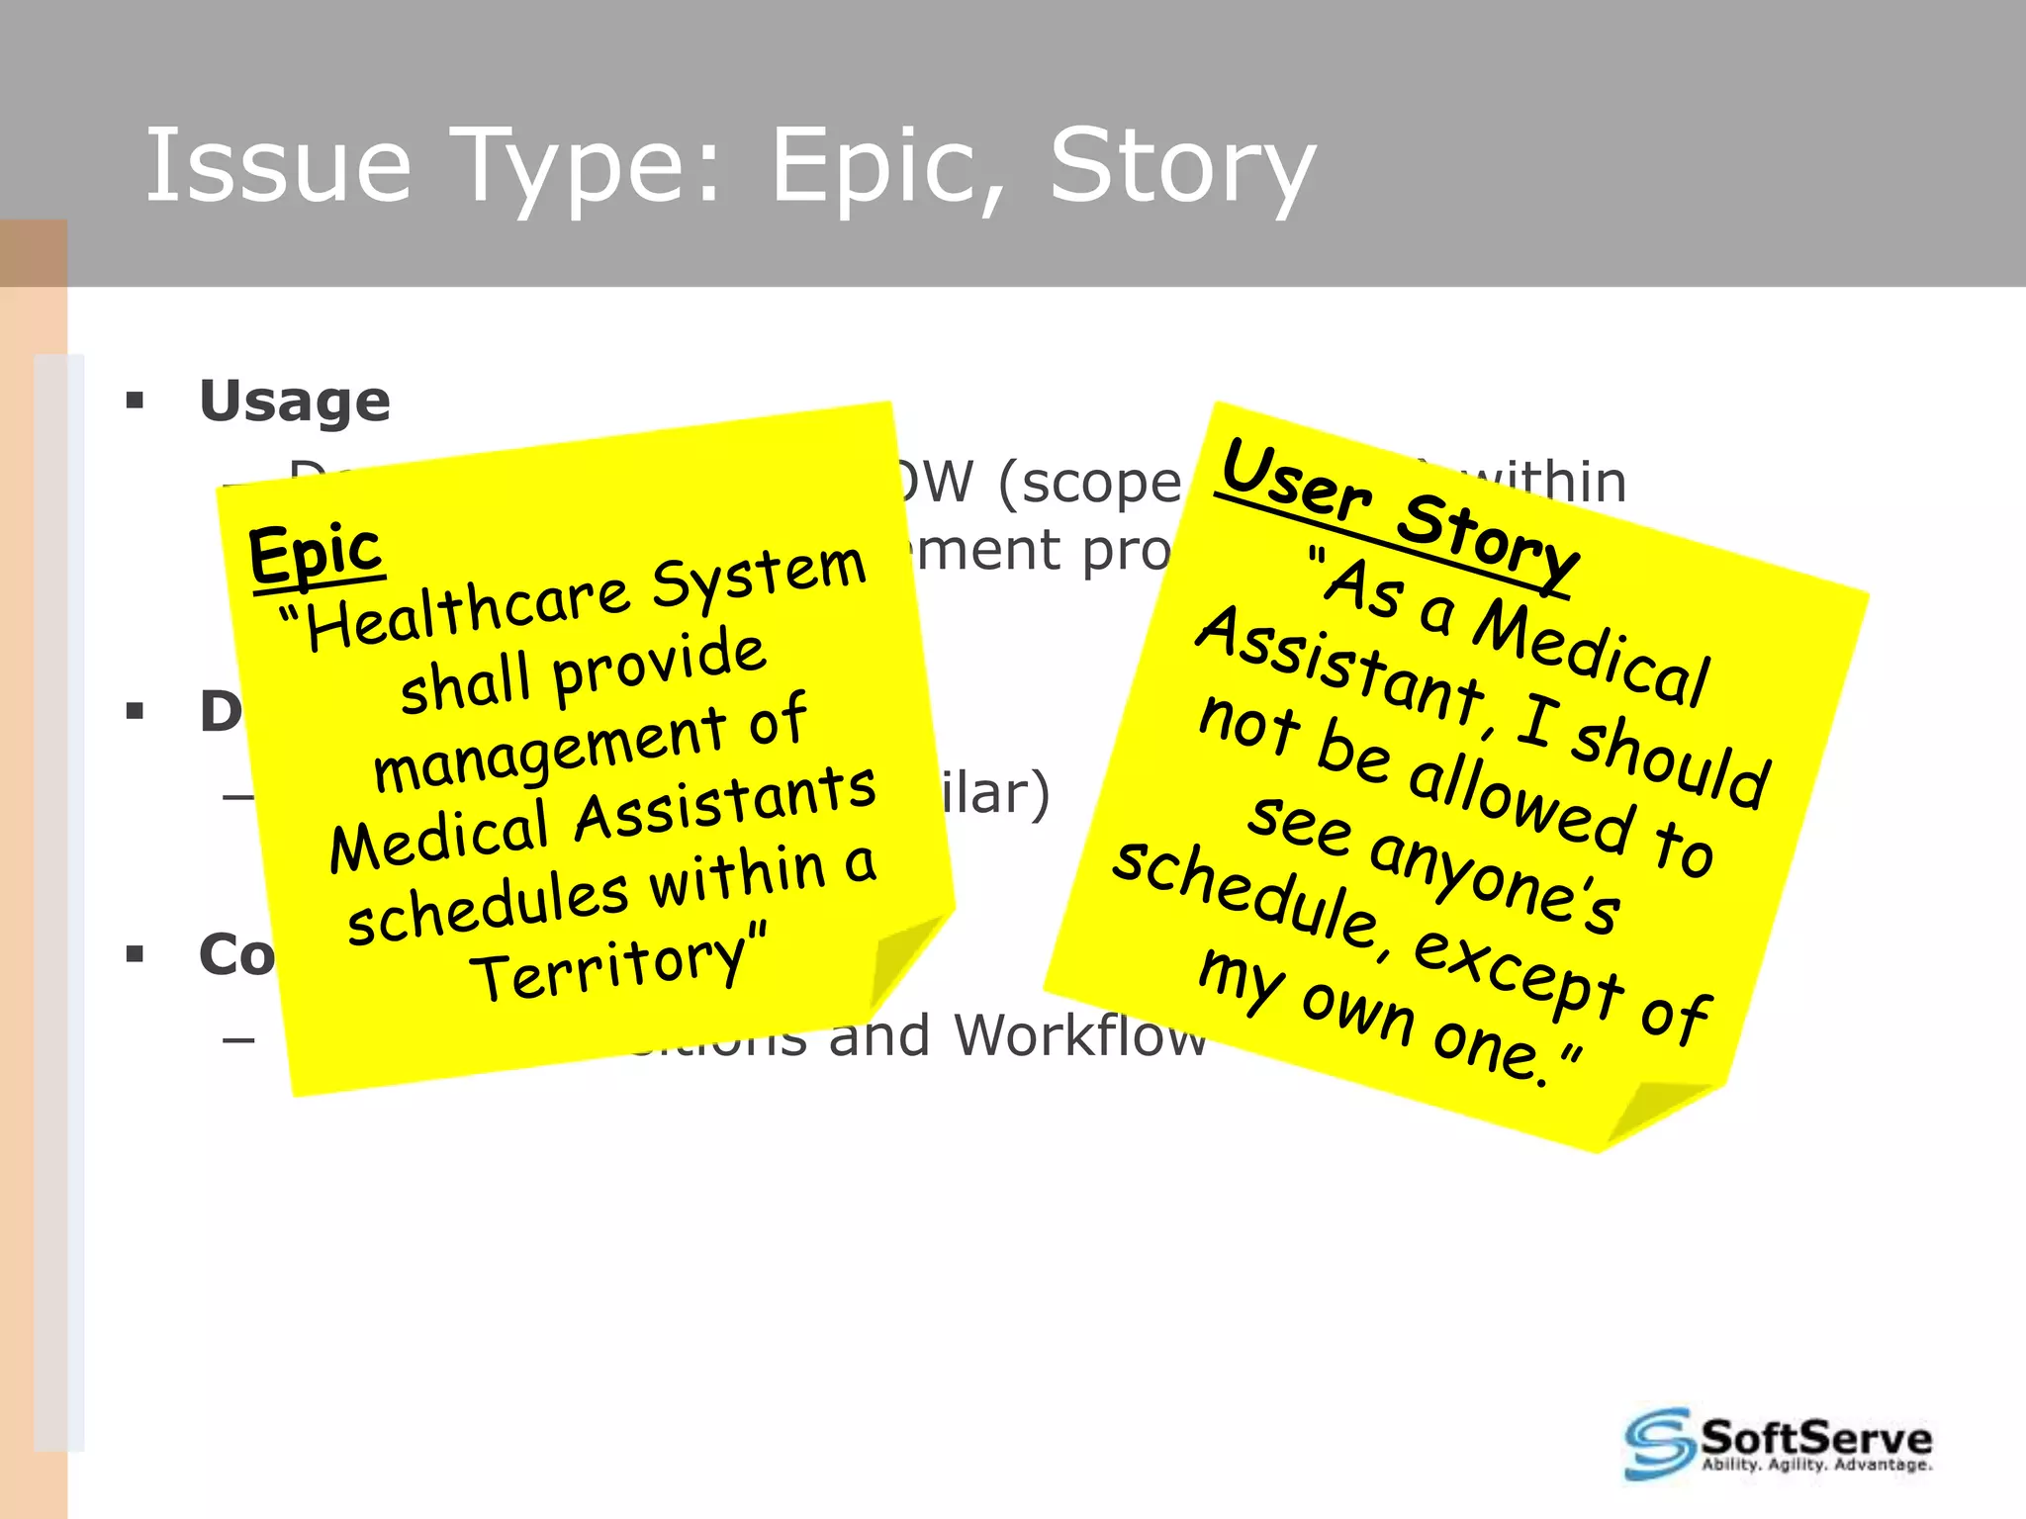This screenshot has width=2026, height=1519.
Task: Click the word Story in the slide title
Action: coord(1181,168)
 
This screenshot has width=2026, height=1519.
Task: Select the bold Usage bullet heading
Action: coord(295,402)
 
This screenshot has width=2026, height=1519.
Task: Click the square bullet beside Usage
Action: coord(136,402)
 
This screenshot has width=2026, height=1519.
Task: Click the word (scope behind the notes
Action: coord(1088,484)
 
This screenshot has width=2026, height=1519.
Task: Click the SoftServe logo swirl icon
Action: coord(1658,1443)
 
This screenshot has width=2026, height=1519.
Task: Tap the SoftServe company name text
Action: coord(1816,1436)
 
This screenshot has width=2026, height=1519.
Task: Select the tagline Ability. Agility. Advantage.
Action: coord(1816,1465)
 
